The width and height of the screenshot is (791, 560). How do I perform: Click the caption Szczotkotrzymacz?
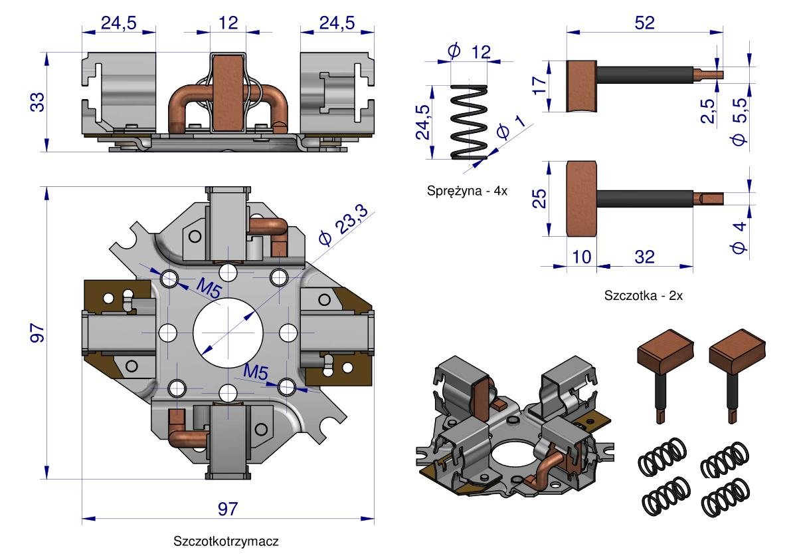226,541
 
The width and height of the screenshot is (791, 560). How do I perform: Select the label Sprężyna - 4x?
467,191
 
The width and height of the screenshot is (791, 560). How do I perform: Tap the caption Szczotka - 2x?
643,295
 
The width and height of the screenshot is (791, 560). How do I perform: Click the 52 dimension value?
645,22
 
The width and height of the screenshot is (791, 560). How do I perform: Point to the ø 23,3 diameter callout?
344,225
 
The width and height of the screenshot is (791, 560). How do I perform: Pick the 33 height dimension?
37,102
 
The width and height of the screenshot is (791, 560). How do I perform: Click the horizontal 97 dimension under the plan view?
228,509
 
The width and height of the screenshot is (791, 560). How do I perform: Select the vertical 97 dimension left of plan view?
37,333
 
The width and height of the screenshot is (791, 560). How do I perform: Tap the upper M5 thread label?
209,289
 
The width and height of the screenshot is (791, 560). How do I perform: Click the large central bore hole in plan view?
228,333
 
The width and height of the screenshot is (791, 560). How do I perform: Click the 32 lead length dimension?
645,257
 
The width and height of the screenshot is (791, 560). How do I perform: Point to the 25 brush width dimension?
539,198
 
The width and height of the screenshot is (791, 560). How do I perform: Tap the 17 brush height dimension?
539,85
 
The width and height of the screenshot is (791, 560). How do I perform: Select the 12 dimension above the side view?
228,22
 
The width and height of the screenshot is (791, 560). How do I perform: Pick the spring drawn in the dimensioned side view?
469,122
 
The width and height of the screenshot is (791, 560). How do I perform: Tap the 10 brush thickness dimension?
581,257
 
